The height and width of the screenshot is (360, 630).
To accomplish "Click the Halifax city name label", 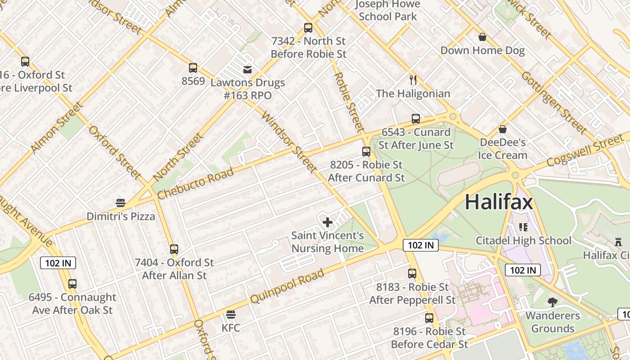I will pyautogui.click(x=499, y=202).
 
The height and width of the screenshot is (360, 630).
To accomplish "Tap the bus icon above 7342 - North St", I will pyautogui.click(x=308, y=28).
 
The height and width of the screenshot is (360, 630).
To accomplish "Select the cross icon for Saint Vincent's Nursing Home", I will pyautogui.click(x=328, y=222).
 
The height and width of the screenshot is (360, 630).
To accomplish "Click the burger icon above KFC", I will pyautogui.click(x=231, y=314).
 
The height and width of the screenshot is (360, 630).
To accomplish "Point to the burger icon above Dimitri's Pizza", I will pyautogui.click(x=121, y=202).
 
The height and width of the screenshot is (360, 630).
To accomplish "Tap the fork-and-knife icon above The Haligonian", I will pyautogui.click(x=413, y=80).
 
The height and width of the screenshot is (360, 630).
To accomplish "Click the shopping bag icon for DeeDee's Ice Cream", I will pyautogui.click(x=503, y=130).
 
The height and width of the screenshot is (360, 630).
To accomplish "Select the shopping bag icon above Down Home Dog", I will pyautogui.click(x=482, y=37).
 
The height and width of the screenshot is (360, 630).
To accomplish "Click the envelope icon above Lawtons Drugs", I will pyautogui.click(x=247, y=70).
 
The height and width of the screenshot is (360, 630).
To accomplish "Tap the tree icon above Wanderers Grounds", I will pyautogui.click(x=552, y=302).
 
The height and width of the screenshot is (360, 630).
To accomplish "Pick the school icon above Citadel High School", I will pyautogui.click(x=523, y=227).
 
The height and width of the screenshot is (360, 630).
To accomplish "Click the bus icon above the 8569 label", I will pyautogui.click(x=193, y=68).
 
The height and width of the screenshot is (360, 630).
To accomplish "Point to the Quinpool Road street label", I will pyautogui.click(x=287, y=286).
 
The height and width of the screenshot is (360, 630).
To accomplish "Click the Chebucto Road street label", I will pyautogui.click(x=195, y=184).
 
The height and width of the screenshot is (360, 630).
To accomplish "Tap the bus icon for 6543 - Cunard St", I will pyautogui.click(x=416, y=119).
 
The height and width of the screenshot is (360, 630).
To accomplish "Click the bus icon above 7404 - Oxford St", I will pyautogui.click(x=174, y=249).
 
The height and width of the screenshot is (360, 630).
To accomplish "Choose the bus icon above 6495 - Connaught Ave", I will pyautogui.click(x=72, y=284).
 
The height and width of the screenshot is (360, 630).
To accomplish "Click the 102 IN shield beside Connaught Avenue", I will pyautogui.click(x=58, y=263).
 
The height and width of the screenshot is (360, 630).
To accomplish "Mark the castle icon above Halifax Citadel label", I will pyautogui.click(x=618, y=242).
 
